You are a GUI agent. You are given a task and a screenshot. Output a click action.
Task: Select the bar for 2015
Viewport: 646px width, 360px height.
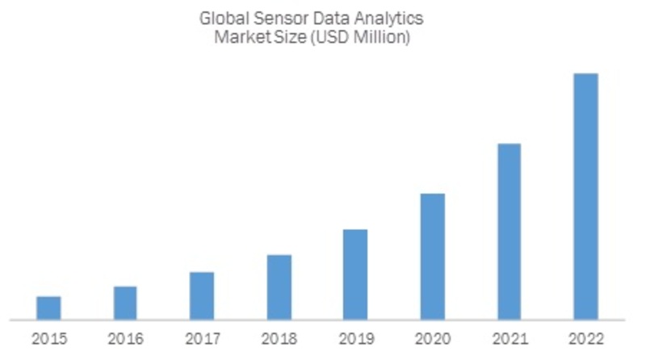(x=48, y=308)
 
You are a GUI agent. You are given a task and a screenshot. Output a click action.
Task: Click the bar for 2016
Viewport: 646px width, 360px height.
(x=125, y=303)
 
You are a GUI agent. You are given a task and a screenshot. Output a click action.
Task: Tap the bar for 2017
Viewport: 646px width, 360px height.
(x=202, y=295)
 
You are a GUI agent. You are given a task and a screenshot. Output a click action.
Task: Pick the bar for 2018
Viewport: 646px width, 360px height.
(x=279, y=287)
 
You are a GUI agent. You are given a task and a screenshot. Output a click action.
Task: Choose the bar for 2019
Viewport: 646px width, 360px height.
(x=355, y=274)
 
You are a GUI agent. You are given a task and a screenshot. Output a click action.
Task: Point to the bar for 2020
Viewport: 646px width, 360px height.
(x=432, y=257)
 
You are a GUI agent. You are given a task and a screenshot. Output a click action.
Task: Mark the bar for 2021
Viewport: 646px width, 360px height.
(x=509, y=232)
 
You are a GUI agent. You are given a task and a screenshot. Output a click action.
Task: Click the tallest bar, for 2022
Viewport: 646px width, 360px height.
(x=585, y=196)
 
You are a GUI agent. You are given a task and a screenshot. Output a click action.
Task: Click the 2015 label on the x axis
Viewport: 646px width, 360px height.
(x=48, y=339)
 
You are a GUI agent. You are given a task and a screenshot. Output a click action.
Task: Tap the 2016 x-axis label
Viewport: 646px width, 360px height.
(x=125, y=339)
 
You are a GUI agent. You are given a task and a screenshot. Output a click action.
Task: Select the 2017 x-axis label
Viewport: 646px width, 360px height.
(x=202, y=339)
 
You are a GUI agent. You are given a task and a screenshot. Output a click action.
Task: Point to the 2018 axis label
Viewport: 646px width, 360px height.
(x=279, y=339)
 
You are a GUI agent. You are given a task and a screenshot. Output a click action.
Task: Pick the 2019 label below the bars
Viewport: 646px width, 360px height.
(x=355, y=339)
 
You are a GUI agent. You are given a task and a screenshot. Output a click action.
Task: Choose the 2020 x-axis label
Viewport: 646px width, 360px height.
(x=432, y=339)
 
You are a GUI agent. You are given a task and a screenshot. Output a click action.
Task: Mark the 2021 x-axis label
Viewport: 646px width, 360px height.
(x=509, y=339)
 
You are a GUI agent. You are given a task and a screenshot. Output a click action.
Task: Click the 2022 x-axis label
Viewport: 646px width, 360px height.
(x=585, y=339)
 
